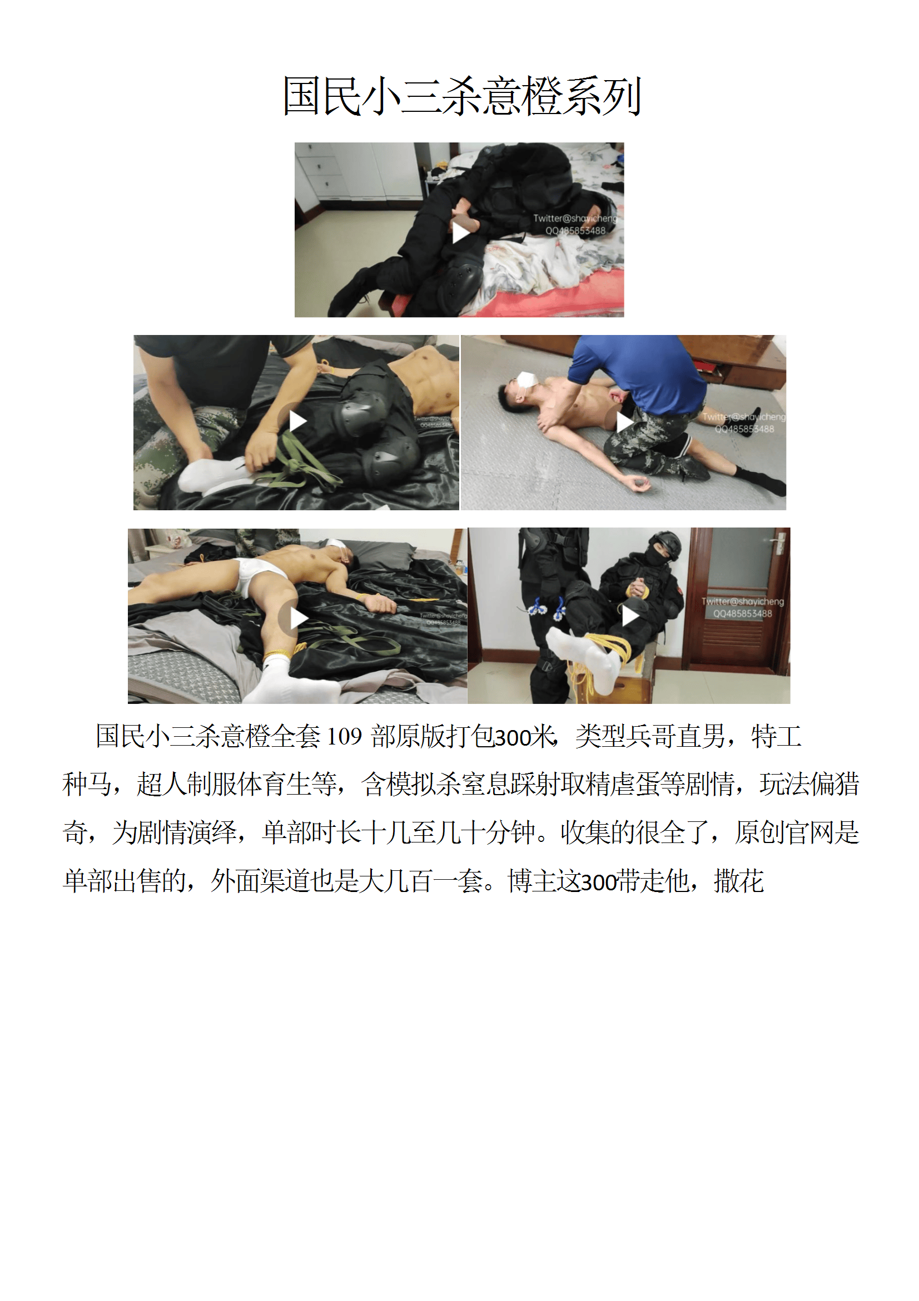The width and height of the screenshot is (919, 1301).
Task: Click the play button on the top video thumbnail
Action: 460,231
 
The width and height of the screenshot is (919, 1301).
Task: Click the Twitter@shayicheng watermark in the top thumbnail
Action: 575,218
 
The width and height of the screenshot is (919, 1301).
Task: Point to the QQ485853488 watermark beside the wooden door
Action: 742,614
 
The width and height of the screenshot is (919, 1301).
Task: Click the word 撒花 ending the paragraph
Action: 739,881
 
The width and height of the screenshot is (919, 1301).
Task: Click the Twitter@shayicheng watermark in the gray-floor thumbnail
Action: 743,417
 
